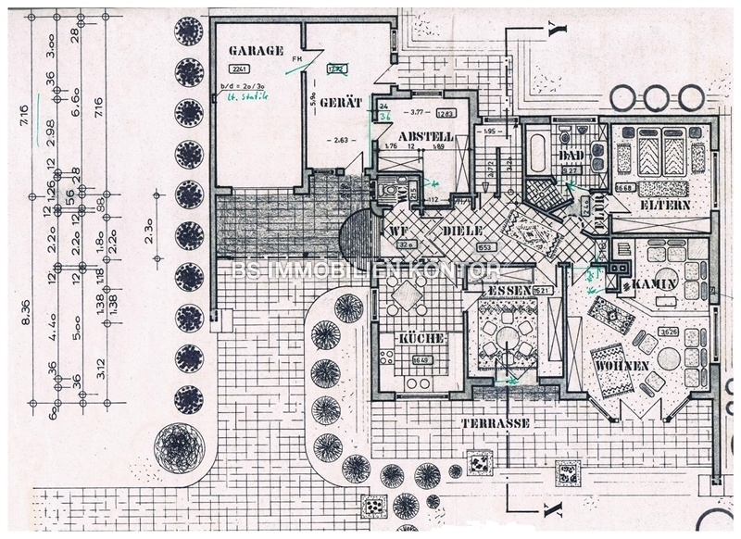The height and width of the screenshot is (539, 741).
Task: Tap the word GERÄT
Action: tap(341, 102)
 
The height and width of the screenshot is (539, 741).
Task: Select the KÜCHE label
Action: tap(418, 339)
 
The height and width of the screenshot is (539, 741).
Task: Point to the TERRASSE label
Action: tap(495, 422)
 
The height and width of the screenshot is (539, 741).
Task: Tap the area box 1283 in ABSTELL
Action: tap(446, 114)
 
